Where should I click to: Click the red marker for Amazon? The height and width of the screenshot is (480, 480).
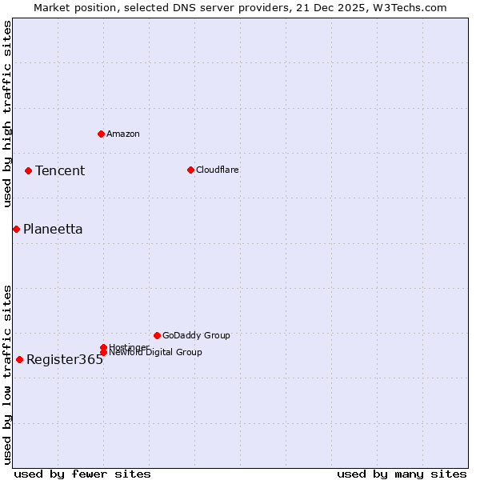(x=101, y=134)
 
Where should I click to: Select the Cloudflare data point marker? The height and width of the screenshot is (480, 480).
(x=190, y=170)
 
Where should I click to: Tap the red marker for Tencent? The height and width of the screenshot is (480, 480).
(x=28, y=170)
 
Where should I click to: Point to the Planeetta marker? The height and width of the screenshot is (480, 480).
(x=16, y=229)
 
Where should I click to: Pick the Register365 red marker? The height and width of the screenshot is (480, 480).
(x=19, y=359)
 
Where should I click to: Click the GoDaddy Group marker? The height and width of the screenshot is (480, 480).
(x=157, y=335)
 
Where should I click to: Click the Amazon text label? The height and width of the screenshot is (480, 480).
(x=123, y=134)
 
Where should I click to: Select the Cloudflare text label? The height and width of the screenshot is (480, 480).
(x=218, y=170)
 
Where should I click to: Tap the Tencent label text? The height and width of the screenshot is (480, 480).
(x=60, y=170)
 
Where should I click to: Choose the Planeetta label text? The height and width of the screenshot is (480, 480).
(x=53, y=229)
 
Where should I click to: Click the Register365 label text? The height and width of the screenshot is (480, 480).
(x=65, y=359)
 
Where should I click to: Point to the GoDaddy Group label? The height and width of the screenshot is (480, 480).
(x=196, y=335)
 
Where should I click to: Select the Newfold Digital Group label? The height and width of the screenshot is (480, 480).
(x=156, y=353)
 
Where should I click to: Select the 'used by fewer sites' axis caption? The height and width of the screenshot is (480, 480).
(x=82, y=474)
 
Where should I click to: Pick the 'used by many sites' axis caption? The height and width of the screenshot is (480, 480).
(x=402, y=474)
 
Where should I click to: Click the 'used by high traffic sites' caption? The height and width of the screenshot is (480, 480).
(x=7, y=114)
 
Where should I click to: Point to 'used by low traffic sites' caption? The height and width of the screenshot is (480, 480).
(x=7, y=374)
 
